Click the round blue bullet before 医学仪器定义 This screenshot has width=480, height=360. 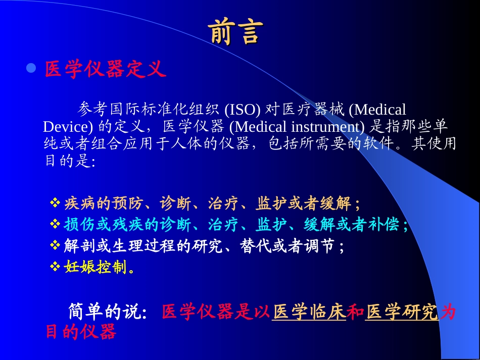31,68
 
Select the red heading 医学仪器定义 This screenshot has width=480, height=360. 105,69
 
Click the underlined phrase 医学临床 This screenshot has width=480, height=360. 309,313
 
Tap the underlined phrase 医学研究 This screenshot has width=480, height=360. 402,313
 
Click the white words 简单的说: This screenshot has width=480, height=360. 108,313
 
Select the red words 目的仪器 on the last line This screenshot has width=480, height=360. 81,332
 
